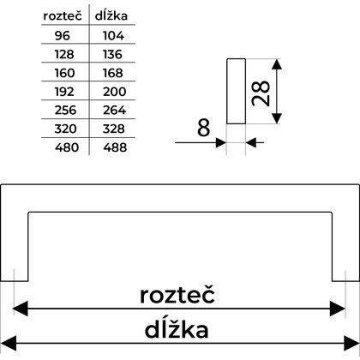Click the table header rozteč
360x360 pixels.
pyautogui.click(x=63, y=15)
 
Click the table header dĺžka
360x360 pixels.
pyautogui.click(x=111, y=15)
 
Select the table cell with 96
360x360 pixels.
pyautogui.click(x=63, y=36)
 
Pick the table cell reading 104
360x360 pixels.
pyautogui.click(x=113, y=36)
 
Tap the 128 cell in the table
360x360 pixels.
pyautogui.click(x=64, y=54)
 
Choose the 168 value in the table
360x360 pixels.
pyautogui.click(x=113, y=73)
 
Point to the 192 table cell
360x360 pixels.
pyautogui.click(x=64, y=92)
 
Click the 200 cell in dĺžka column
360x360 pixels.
pyautogui.click(x=114, y=92)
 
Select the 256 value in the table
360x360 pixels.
pyautogui.click(x=65, y=111)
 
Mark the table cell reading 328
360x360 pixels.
pyautogui.click(x=114, y=129)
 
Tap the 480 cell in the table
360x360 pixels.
pyautogui.click(x=67, y=147)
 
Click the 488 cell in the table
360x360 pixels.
pyautogui.click(x=115, y=147)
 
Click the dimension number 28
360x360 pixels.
pyautogui.click(x=261, y=93)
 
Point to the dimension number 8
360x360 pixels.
pyautogui.click(x=203, y=128)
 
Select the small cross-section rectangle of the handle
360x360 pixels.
pyautogui.click(x=236, y=91)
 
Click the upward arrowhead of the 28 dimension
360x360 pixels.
pyautogui.click(x=277, y=64)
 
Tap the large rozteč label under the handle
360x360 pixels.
pyautogui.click(x=177, y=295)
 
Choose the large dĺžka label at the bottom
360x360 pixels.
pyautogui.click(x=177, y=330)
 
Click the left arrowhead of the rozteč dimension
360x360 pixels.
pyautogui.click(x=21, y=309)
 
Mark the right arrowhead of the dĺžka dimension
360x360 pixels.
pyautogui.click(x=351, y=344)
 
